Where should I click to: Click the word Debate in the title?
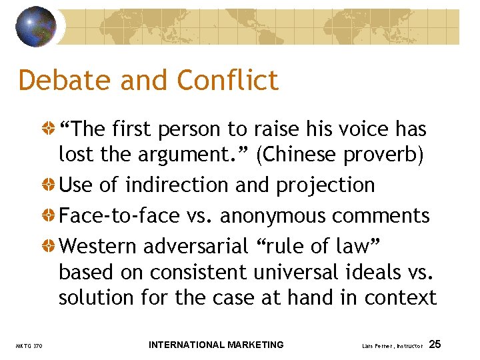[64, 81]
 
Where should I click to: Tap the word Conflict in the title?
[228, 81]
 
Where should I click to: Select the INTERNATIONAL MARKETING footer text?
[216, 345]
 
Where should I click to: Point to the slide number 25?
[435, 344]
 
